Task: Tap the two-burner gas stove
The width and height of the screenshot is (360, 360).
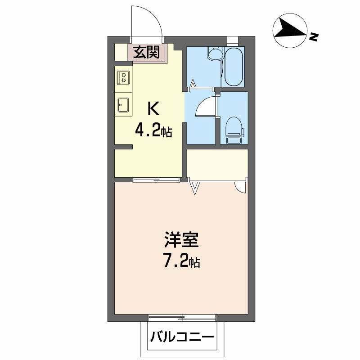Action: pyautogui.click(x=123, y=77)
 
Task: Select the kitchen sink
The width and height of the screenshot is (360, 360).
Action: pyautogui.click(x=123, y=105)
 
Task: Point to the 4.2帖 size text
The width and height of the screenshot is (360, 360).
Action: pyautogui.click(x=153, y=131)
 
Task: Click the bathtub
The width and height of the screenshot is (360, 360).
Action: pyautogui.click(x=234, y=66)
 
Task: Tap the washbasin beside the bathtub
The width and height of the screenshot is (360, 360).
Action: pyautogui.click(x=216, y=53)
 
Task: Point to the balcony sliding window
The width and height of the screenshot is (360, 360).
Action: pyautogui.click(x=182, y=318)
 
